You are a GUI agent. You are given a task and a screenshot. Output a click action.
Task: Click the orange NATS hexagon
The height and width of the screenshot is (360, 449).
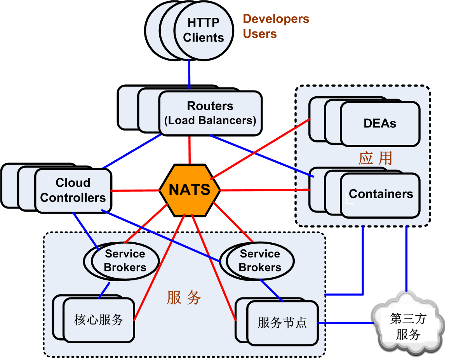pos(190,190)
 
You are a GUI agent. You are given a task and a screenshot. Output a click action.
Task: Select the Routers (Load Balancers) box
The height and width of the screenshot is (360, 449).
pos(210,113)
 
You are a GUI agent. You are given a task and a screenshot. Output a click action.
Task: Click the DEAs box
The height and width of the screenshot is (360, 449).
pos(380,123)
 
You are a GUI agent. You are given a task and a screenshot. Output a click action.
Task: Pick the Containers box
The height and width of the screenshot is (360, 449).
pos(381,194)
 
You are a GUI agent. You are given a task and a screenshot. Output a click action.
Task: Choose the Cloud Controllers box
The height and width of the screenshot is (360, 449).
pos(73,190)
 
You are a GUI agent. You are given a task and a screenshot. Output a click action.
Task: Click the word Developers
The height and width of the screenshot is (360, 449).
pos(276,19)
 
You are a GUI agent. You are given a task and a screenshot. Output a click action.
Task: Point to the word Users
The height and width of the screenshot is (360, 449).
pos(260,34)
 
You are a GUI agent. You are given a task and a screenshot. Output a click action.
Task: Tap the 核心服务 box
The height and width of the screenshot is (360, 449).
pos(99,320)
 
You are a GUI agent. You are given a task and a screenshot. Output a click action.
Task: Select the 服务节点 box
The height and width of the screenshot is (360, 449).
pos(282,323)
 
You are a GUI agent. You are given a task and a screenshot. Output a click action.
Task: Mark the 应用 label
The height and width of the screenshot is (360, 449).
pos(375,158)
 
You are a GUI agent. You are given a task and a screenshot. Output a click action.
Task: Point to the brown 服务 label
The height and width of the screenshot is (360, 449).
pos(184,297)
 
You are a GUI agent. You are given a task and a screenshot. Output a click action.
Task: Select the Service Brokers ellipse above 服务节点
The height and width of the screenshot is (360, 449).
pos(260,261)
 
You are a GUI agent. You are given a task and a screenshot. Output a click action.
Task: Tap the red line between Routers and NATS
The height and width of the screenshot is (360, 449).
pos(190,150)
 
